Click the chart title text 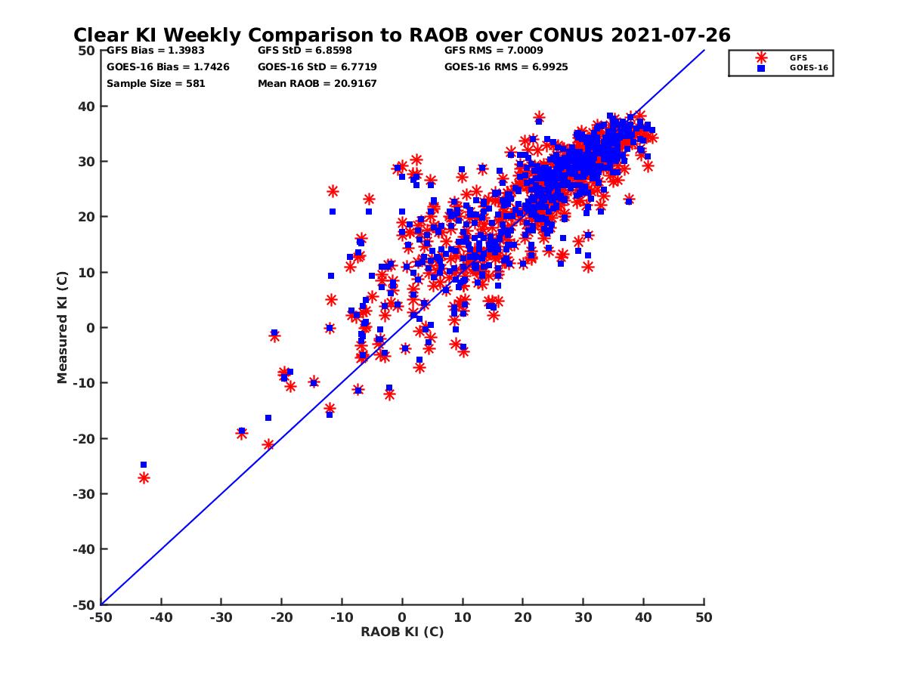[401, 35]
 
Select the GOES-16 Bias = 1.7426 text [168, 66]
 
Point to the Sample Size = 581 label [156, 83]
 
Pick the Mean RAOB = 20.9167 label [317, 83]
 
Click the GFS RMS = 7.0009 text [494, 51]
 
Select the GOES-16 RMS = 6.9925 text [506, 66]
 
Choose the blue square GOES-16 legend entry [761, 68]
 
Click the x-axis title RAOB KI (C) [402, 632]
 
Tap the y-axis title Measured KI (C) [62, 328]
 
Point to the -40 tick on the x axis [160, 617]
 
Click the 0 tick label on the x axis [402, 617]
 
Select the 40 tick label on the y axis [86, 107]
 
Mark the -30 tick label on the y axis [84, 494]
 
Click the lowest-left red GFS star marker [144, 478]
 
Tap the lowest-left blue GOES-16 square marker [144, 465]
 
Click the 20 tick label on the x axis [523, 617]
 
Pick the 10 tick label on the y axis [86, 273]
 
